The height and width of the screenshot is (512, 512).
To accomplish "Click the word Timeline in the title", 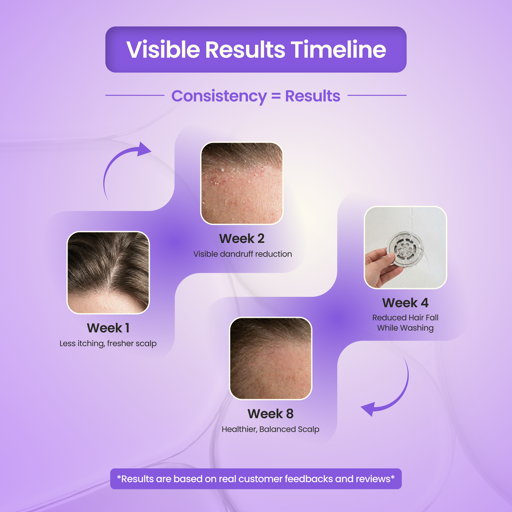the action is tap(338, 49).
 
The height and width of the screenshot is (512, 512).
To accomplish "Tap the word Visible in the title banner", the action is tap(163, 49).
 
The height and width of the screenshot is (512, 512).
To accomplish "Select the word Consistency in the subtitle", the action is tap(219, 96).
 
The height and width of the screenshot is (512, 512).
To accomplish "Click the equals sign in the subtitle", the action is tap(276, 96).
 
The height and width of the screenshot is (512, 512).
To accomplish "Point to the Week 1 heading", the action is tap(108, 328).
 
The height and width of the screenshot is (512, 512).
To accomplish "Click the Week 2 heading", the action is tap(242, 239).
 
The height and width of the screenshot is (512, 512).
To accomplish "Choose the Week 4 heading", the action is tap(405, 303).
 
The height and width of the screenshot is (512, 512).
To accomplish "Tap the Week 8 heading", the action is tap(270, 414).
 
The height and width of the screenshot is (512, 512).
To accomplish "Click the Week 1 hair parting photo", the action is tap(108, 273).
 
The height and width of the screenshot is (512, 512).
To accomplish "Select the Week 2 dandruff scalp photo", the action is tap(242, 183).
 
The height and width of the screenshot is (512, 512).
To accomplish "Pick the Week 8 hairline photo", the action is tap(270, 358).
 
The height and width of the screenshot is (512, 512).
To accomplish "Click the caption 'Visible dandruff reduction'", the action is tap(243, 254).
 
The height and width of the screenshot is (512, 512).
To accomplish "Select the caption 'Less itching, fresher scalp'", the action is tap(108, 343).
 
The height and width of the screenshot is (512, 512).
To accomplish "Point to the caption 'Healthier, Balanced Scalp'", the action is tap(270, 429).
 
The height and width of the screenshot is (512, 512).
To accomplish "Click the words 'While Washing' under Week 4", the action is tap(405, 328).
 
